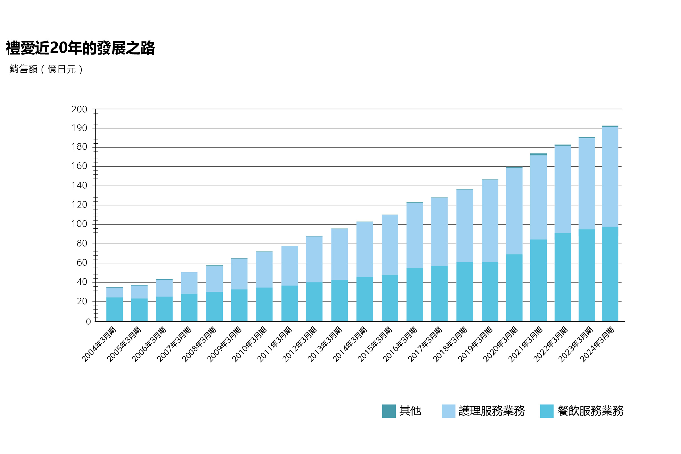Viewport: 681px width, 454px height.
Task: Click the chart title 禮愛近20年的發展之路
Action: point(81,48)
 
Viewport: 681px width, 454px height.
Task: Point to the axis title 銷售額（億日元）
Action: point(46,69)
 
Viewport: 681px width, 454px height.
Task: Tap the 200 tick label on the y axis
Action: point(79,109)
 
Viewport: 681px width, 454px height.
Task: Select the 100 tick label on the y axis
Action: point(79,224)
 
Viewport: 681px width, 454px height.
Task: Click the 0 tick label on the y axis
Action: point(88,322)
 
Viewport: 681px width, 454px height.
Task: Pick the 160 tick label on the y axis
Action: point(79,166)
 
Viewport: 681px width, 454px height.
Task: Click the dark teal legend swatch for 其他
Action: point(389,411)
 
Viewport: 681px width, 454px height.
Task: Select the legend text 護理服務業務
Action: point(492,411)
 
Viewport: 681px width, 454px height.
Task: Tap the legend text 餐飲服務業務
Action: point(590,411)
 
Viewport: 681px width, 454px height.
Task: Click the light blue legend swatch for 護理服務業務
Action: point(449,411)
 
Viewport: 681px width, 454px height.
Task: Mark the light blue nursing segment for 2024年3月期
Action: point(610,177)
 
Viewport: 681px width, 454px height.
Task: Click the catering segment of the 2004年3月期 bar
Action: point(114,309)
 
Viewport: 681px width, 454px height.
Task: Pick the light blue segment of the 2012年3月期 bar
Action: point(314,260)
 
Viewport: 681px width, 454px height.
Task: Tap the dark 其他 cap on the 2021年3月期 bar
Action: point(539,154)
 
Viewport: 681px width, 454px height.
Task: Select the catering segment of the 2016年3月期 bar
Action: point(415,295)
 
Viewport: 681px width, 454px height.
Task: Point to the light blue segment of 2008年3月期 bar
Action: point(215,279)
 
